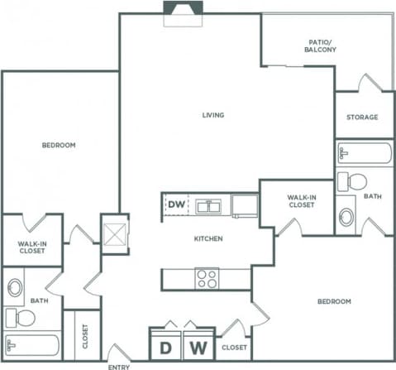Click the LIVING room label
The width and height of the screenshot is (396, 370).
214,115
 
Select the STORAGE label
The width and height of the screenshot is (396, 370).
362,117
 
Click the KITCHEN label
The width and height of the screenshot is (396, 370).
208,238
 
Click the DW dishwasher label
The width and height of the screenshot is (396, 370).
176,204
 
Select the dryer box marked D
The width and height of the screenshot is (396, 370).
165,344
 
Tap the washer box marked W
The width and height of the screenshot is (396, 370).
198,344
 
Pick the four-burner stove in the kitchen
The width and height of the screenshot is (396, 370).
207,278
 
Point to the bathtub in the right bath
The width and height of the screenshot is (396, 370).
365,153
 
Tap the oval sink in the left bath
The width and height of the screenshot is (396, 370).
14,288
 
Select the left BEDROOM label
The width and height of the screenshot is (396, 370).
59,145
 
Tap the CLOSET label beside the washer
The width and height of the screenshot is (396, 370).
233,348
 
